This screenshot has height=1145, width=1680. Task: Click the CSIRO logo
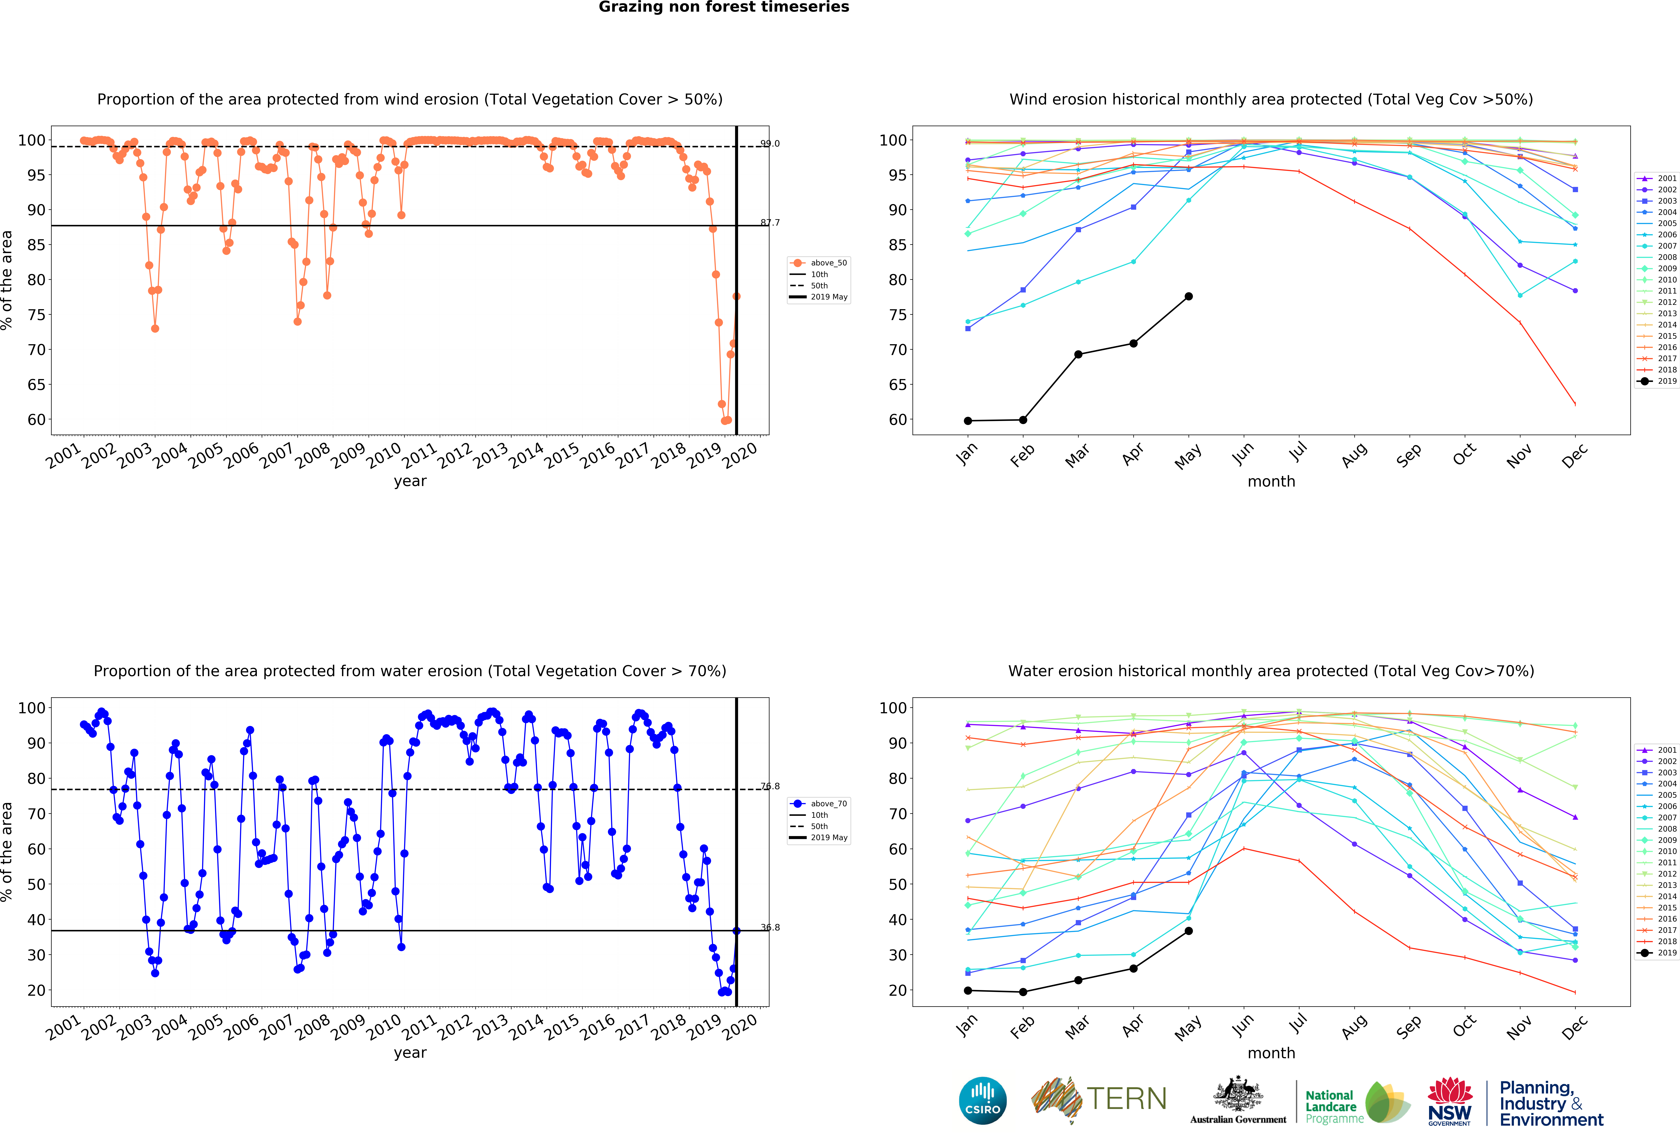pyautogui.click(x=982, y=1101)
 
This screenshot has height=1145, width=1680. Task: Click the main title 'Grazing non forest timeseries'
pyautogui.click(x=724, y=7)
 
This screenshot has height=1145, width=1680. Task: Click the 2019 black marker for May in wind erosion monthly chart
pyautogui.click(x=1188, y=296)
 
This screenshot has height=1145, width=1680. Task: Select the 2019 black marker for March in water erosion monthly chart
pyautogui.click(x=1078, y=980)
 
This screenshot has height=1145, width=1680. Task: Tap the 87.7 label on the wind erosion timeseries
pyautogui.click(x=770, y=223)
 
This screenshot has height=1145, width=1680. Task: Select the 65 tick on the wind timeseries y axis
pyautogui.click(x=36, y=385)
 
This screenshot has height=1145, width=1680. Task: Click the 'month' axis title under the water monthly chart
pyautogui.click(x=1271, y=1053)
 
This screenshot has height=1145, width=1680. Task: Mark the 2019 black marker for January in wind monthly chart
pyautogui.click(x=968, y=421)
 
